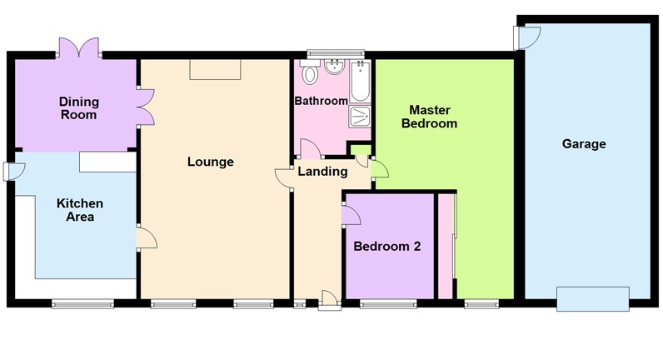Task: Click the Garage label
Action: [583, 144]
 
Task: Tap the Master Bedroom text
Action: [429, 117]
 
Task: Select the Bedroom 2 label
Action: [387, 247]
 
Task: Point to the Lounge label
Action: [210, 162]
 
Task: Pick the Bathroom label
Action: [321, 102]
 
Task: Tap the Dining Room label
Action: [78, 108]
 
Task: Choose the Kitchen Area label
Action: [80, 210]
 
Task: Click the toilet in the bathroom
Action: [311, 76]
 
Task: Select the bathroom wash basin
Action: [335, 66]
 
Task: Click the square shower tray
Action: [361, 115]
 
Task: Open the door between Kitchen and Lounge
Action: [147, 238]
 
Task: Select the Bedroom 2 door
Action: [351, 213]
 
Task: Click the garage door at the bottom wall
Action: [593, 298]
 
